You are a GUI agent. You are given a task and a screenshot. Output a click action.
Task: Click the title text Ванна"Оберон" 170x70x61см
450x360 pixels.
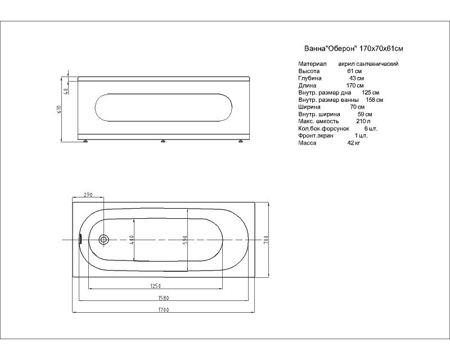coord(354,48)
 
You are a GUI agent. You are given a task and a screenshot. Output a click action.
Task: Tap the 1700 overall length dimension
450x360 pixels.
coord(163,310)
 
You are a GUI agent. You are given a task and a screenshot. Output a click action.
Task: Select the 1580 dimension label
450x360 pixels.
coord(163,298)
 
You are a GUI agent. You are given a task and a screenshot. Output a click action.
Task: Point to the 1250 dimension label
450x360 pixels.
coord(155,286)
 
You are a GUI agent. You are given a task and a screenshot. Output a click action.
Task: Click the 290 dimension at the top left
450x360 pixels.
coord(88,195)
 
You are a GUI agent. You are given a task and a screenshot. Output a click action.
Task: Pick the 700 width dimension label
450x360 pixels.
coord(265,240)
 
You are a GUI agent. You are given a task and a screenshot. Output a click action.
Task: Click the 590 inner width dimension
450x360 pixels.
coord(185,240)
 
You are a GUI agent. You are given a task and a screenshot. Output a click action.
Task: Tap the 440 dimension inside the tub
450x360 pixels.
coord(132,240)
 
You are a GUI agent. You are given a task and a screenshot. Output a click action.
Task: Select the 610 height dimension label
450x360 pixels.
coord(60,109)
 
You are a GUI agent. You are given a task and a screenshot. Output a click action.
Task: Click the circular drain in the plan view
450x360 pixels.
coord(103,240)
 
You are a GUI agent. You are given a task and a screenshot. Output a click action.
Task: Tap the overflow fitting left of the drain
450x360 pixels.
coord(80,240)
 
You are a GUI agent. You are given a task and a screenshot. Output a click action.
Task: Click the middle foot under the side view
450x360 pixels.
coord(163,141)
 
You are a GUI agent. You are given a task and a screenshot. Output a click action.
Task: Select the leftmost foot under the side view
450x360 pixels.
coord(85,141)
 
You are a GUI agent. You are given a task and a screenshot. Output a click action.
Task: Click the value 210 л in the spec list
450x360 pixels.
coord(363,121)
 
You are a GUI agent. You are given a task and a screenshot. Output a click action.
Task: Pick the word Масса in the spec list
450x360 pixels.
coord(307,143)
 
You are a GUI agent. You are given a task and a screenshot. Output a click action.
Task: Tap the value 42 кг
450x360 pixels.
coord(353,143)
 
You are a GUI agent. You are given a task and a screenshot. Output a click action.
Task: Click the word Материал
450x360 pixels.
coord(312,64)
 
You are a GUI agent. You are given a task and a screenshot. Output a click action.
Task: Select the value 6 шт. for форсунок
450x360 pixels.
coord(371,128)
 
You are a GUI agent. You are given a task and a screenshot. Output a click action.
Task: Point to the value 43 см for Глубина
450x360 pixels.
coord(357,78)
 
